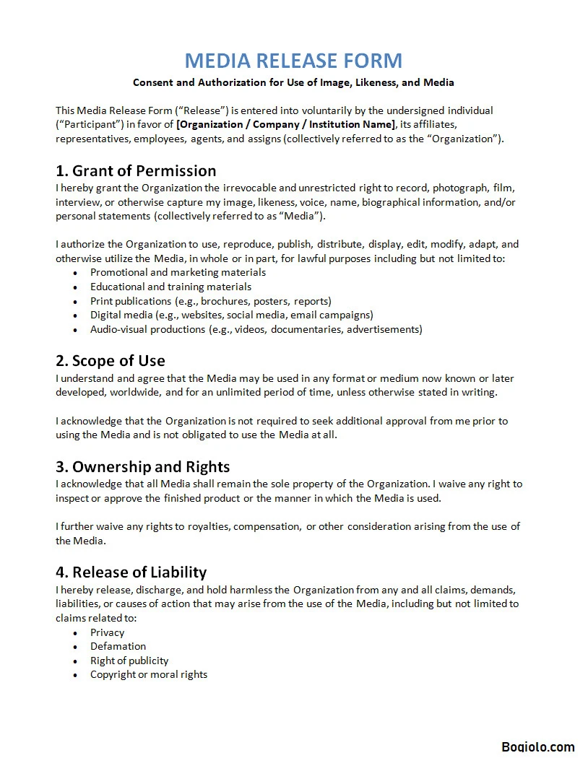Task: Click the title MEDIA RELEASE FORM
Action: pos(293,60)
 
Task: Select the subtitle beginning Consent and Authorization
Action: pos(293,82)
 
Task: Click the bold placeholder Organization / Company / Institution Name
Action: pos(286,125)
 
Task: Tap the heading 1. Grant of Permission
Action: pos(136,171)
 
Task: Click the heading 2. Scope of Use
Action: pos(111,361)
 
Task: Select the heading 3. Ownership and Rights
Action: pos(143,467)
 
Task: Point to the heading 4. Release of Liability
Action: pos(131,572)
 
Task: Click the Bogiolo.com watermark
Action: pos(538,747)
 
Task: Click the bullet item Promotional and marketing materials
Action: pos(178,273)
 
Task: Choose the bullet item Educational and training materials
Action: pos(170,287)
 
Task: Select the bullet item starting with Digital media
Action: pos(231,315)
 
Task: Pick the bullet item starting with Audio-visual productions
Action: pos(256,329)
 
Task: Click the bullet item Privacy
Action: pos(107,632)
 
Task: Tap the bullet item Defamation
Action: pos(118,646)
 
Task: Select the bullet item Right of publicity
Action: pos(129,661)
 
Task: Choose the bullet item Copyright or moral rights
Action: pos(148,674)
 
